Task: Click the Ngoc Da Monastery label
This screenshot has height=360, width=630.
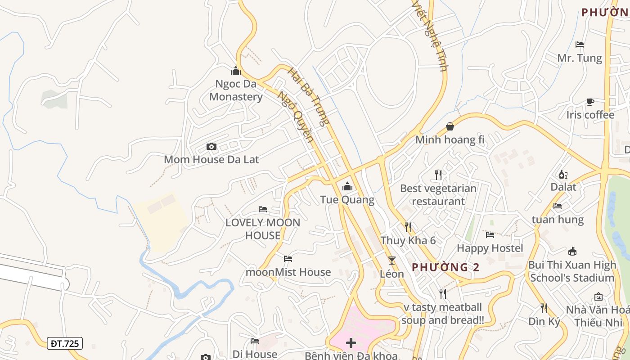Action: pyautogui.click(x=236, y=90)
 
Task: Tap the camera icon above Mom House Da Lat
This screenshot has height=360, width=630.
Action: pyautogui.click(x=211, y=146)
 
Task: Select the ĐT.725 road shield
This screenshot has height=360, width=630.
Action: pyautogui.click(x=65, y=344)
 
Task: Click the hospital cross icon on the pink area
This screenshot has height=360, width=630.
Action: pyautogui.click(x=351, y=343)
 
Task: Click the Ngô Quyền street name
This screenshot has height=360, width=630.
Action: pyautogui.click(x=295, y=117)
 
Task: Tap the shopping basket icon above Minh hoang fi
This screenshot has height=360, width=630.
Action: pyautogui.click(x=450, y=126)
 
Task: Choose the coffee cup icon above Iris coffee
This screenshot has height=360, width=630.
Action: pyautogui.click(x=590, y=102)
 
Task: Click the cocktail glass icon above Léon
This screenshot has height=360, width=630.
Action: pyautogui.click(x=392, y=260)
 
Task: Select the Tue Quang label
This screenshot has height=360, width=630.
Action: pyautogui.click(x=347, y=199)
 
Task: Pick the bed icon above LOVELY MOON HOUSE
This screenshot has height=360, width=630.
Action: pyautogui.click(x=263, y=209)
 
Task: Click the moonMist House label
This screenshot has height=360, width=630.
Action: pyautogui.click(x=288, y=272)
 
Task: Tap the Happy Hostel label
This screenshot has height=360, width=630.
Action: pyautogui.click(x=490, y=248)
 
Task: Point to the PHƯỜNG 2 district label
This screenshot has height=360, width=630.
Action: pyautogui.click(x=445, y=267)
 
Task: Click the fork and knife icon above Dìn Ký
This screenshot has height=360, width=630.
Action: pyautogui.click(x=544, y=308)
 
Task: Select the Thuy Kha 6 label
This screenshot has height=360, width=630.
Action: pyautogui.click(x=408, y=240)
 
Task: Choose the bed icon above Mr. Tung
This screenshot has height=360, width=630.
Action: pyautogui.click(x=580, y=45)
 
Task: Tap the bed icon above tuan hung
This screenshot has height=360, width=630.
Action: pyautogui.click(x=558, y=206)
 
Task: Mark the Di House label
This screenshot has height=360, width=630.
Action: pyautogui.click(x=255, y=354)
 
